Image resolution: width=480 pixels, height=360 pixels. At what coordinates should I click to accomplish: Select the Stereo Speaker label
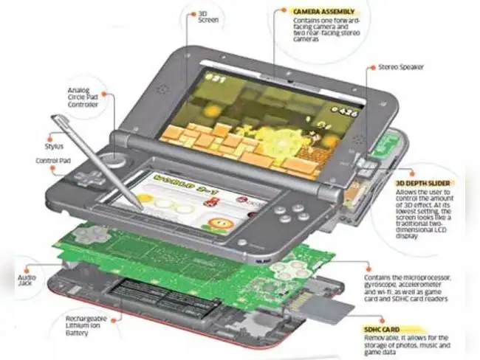pyautogui.click(x=400, y=67)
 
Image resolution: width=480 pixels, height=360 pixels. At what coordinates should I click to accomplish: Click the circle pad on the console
pyautogui.click(x=113, y=159)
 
